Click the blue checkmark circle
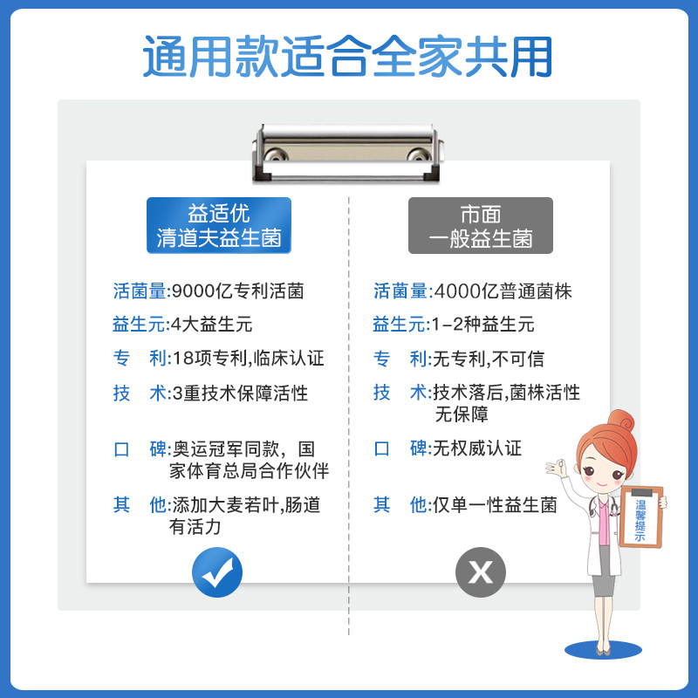(217, 572)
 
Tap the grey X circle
(481, 572)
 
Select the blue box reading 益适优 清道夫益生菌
(219, 225)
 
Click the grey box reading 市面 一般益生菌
(481, 225)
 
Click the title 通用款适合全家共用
(348, 58)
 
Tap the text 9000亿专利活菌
(238, 291)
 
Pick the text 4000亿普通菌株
(502, 291)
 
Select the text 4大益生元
(212, 325)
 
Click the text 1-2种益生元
(483, 325)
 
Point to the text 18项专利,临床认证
(248, 359)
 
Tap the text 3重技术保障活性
(240, 393)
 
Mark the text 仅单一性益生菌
(495, 505)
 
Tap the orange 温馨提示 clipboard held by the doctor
(641, 517)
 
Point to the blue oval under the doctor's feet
(602, 649)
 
